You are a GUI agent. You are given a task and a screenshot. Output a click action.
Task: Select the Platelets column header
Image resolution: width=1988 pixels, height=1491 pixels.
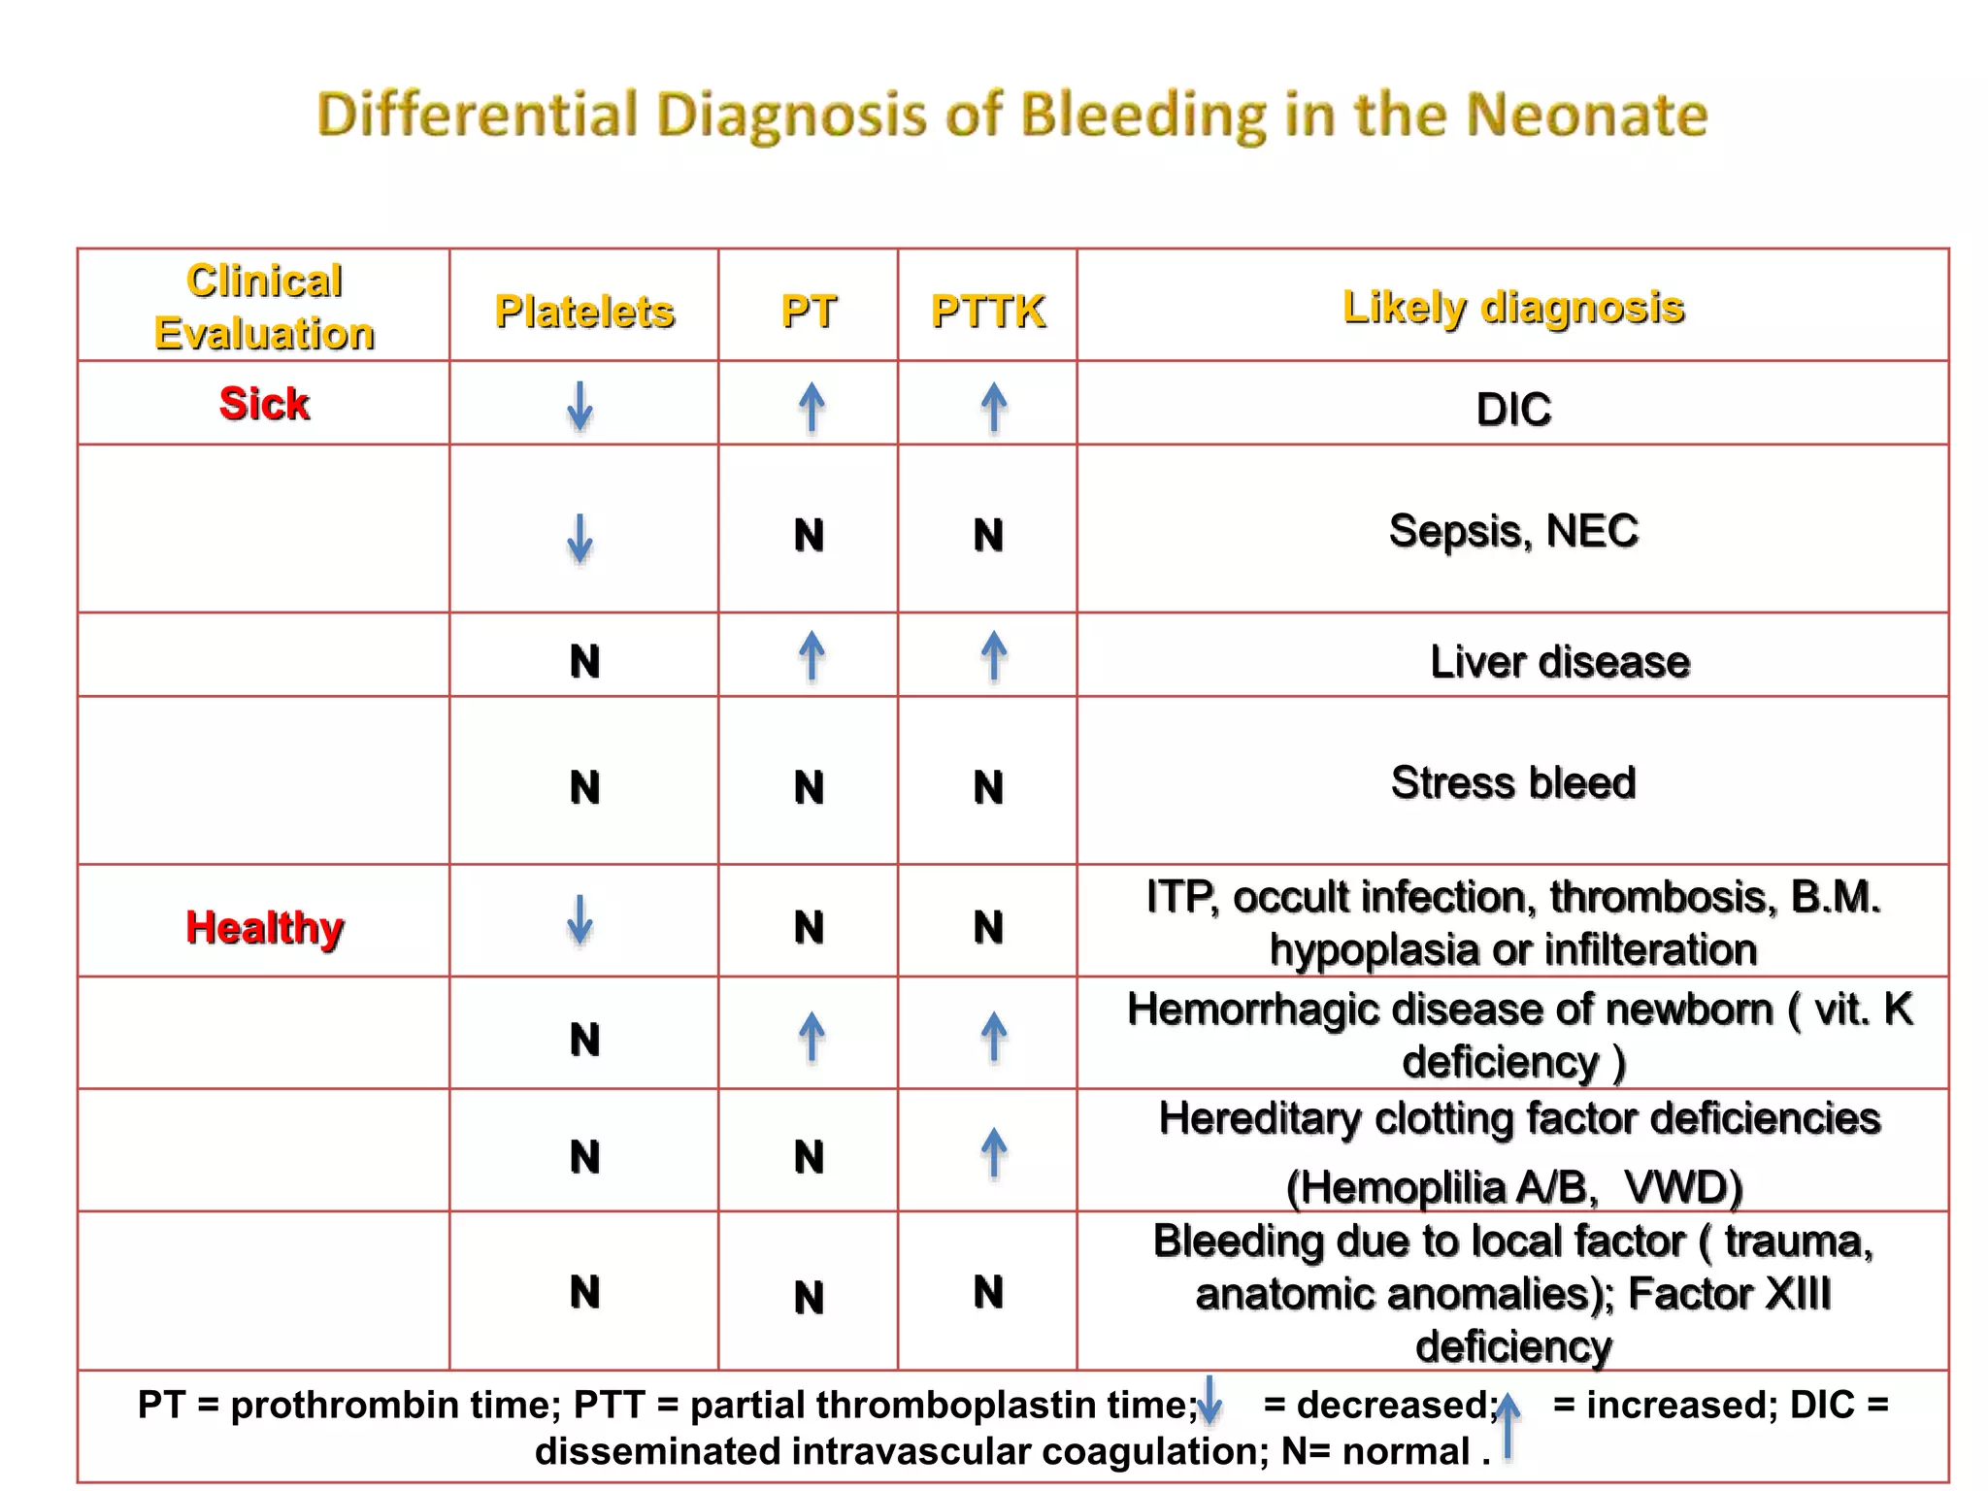[584, 312]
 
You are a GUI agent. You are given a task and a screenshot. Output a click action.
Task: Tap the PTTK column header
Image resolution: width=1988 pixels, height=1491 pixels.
[988, 312]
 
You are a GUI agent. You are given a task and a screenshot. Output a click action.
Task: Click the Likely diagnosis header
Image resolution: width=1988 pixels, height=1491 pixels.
[1513, 307]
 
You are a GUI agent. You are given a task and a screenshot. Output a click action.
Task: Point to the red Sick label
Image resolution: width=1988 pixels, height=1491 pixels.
[264, 403]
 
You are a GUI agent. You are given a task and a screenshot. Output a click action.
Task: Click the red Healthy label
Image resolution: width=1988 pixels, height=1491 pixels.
[264, 927]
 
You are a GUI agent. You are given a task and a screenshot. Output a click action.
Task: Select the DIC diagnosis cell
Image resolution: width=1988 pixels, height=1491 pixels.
[1513, 409]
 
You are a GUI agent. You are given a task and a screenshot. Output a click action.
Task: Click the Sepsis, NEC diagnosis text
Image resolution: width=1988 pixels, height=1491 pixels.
[1513, 531]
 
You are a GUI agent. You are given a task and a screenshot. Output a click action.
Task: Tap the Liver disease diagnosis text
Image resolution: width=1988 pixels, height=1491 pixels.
[1559, 662]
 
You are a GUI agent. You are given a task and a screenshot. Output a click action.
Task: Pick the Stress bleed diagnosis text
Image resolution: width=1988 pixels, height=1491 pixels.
[1513, 782]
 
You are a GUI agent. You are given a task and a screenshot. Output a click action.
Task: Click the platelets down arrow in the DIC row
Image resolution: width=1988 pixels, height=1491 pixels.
[580, 406]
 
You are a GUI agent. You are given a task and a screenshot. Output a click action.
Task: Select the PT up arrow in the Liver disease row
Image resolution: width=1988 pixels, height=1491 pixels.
[812, 656]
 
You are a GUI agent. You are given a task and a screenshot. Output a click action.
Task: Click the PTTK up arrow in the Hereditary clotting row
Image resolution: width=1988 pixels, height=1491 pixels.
[993, 1152]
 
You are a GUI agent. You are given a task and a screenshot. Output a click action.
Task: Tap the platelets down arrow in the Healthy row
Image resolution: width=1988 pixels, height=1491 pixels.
[580, 919]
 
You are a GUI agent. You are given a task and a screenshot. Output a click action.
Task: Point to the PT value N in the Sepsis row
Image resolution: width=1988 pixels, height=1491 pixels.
[809, 535]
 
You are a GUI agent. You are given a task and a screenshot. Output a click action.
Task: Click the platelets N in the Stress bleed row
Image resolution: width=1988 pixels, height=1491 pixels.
[584, 786]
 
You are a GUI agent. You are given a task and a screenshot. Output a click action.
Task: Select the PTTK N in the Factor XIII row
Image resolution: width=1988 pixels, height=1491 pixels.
[988, 1292]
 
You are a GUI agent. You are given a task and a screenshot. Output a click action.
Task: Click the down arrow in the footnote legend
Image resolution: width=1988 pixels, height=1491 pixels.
[1209, 1401]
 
